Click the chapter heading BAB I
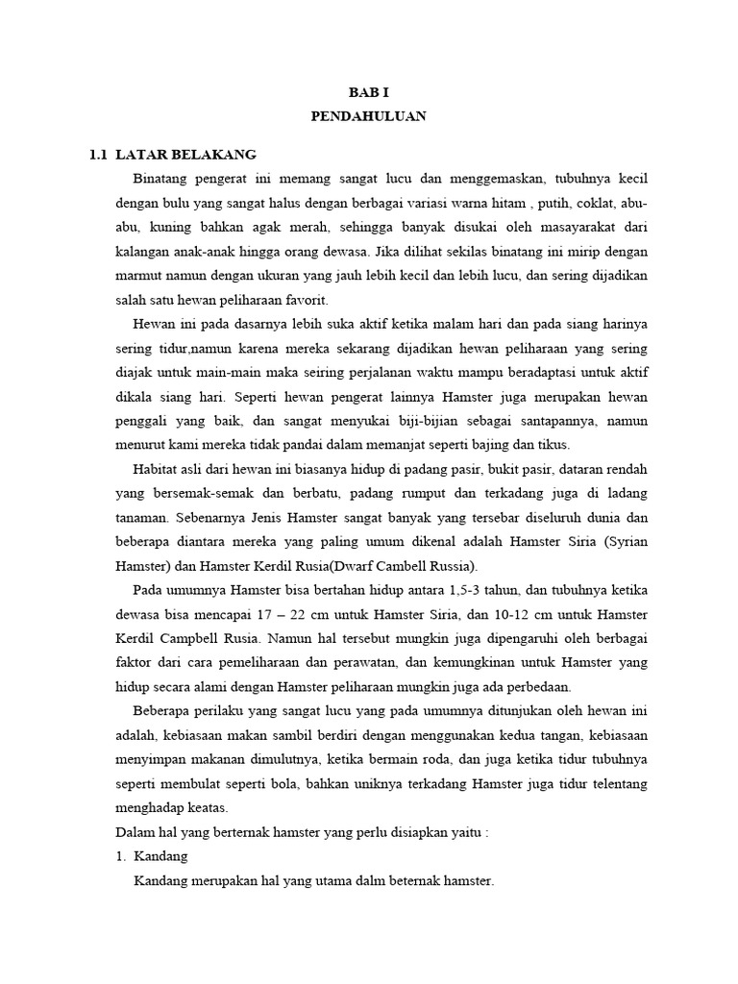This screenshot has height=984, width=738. (368, 91)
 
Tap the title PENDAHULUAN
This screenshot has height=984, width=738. (368, 116)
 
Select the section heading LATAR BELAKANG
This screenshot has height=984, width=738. (184, 154)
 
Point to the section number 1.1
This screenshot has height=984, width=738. (97, 154)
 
